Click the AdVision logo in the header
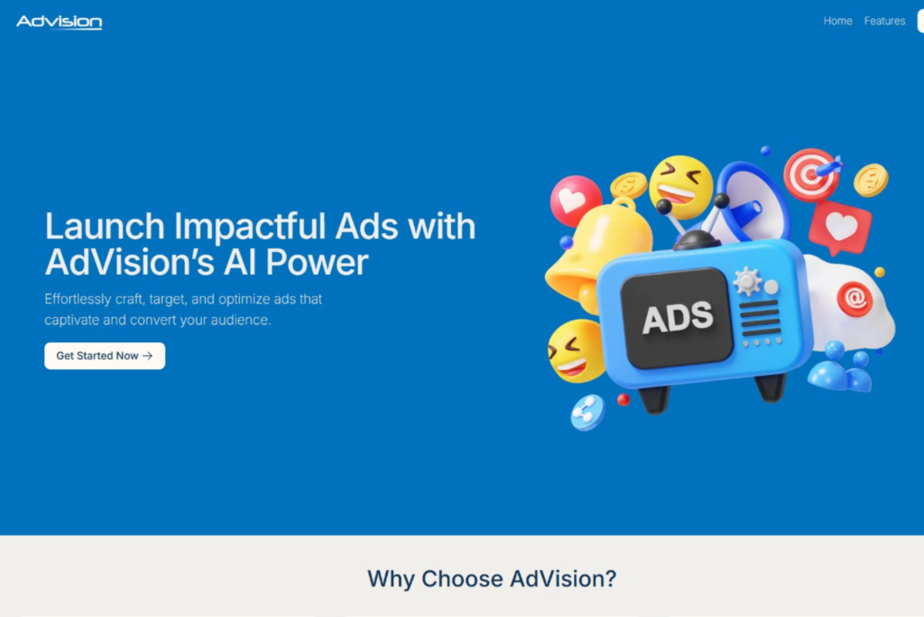click(x=59, y=22)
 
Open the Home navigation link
click(x=837, y=22)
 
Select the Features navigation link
click(x=884, y=22)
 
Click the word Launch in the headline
click(x=105, y=226)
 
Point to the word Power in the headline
click(x=317, y=262)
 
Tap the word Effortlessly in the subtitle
click(x=78, y=300)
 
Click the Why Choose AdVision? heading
click(x=492, y=579)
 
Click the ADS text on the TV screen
click(x=678, y=318)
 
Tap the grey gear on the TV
click(x=747, y=281)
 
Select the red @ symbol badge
click(x=855, y=299)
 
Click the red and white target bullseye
click(x=810, y=174)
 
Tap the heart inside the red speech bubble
click(x=842, y=226)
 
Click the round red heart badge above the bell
click(x=575, y=201)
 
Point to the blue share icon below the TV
click(x=587, y=412)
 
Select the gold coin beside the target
click(x=871, y=180)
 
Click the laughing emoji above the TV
click(x=680, y=186)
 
